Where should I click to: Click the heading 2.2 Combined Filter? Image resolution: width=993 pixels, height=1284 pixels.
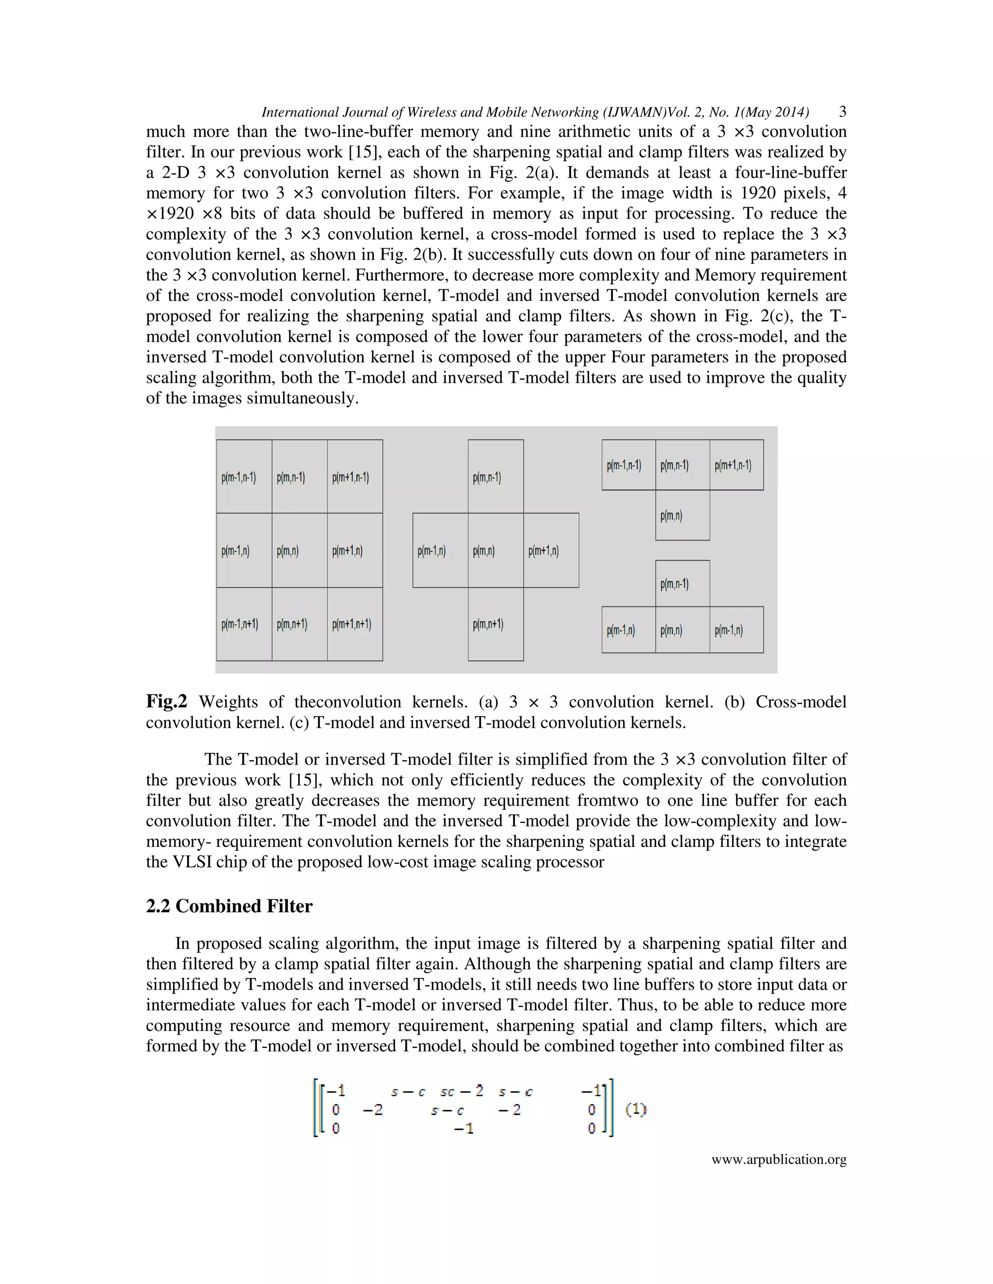(x=229, y=906)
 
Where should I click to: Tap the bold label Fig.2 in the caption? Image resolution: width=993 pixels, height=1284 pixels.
(x=166, y=702)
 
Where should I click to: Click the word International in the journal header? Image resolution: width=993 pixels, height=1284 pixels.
(x=292, y=112)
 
